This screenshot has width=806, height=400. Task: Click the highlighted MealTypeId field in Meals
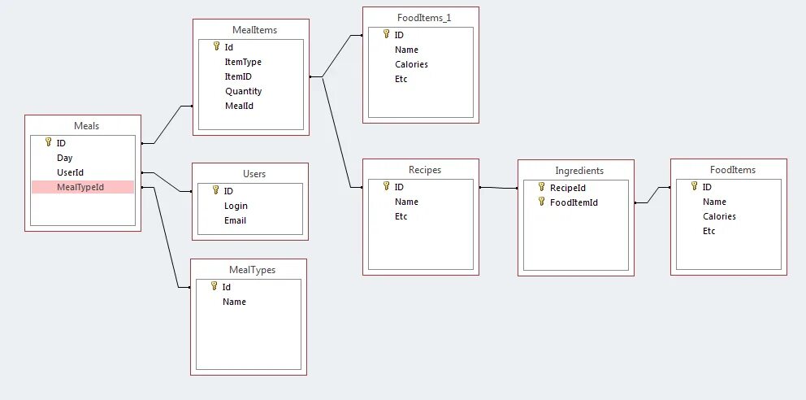(80, 187)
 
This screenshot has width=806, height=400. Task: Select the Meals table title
(86, 125)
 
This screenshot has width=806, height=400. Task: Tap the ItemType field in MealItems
(243, 62)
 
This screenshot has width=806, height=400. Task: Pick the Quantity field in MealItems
(243, 91)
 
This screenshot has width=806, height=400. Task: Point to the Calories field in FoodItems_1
(411, 64)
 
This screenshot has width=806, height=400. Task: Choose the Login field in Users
(236, 206)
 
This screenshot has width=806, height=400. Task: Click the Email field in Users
(235, 220)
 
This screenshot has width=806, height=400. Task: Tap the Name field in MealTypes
(234, 302)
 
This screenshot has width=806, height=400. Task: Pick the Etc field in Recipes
(401, 216)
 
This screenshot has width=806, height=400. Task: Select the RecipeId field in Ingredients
(568, 188)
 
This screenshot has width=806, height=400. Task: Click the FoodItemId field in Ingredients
(574, 202)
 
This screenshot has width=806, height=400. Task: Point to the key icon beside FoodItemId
(541, 202)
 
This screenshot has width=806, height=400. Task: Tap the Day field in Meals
(64, 158)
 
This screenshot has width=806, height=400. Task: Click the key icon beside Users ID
(215, 190)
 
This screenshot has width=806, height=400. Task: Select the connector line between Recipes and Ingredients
(498, 188)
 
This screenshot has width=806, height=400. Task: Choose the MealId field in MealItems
(239, 106)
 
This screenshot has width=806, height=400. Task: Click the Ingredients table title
(579, 171)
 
